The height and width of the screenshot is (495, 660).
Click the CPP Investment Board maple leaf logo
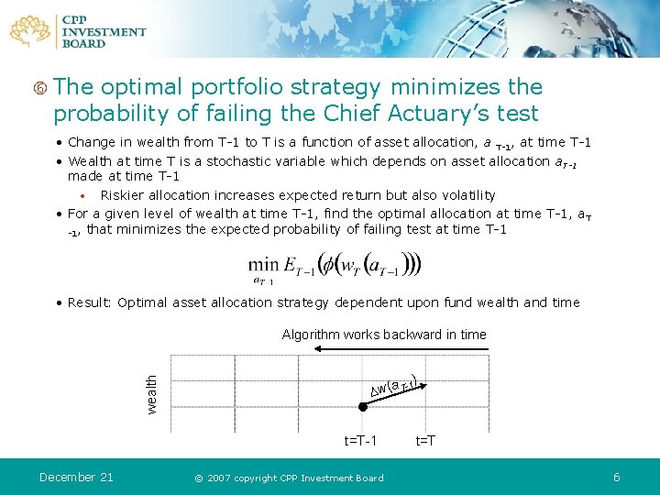coord(31,31)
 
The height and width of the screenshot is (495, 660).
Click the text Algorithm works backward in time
coord(384,335)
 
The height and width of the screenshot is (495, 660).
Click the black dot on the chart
coord(363,406)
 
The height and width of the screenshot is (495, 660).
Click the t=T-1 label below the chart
coord(360,441)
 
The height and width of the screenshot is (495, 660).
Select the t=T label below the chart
coord(425,441)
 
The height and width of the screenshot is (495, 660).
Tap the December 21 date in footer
coord(76,477)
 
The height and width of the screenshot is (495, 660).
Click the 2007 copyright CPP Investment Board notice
coord(289,478)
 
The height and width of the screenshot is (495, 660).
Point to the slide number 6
coord(617,477)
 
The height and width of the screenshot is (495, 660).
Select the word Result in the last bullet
coord(88,302)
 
